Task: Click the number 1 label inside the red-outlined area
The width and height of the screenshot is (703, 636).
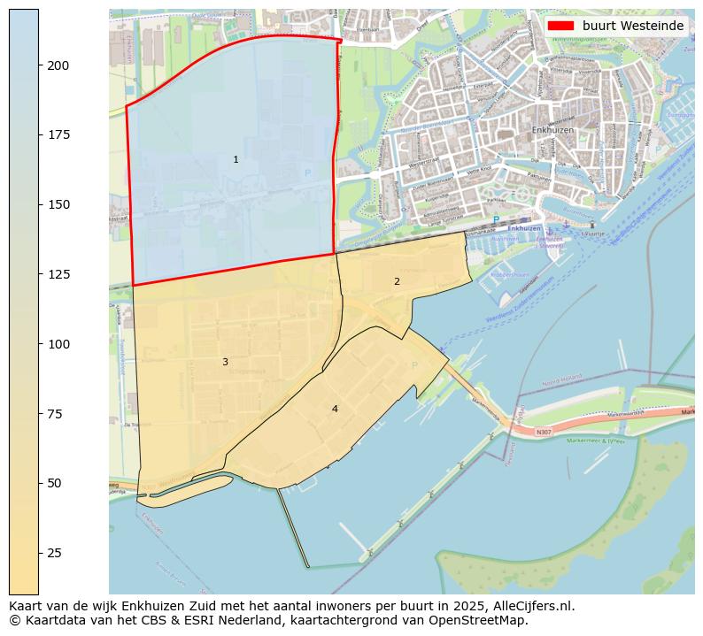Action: point(236,160)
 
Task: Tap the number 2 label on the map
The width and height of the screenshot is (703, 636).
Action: point(397,282)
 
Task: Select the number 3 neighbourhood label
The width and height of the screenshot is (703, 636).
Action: point(225,363)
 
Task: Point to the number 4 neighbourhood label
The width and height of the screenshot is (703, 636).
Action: point(335,410)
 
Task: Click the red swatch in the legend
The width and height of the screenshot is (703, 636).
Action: point(560,26)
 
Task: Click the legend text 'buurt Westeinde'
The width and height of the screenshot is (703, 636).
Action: point(633,26)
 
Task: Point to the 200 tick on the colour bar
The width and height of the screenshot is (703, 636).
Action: point(58,65)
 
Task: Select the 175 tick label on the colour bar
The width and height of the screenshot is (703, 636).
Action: point(58,134)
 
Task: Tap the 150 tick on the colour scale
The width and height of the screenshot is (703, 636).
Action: point(58,204)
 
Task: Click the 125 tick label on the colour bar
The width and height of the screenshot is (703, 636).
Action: point(58,274)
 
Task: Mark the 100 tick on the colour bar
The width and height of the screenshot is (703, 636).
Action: point(58,344)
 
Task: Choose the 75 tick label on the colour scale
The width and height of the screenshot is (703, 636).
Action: point(56,414)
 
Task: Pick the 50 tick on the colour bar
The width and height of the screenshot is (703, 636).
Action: point(56,483)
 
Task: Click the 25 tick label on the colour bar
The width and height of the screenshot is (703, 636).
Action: point(56,553)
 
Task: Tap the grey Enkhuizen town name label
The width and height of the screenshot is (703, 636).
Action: point(552,130)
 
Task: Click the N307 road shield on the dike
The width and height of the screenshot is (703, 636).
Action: point(544,433)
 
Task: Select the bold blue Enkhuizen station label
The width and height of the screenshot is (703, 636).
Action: point(524,228)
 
